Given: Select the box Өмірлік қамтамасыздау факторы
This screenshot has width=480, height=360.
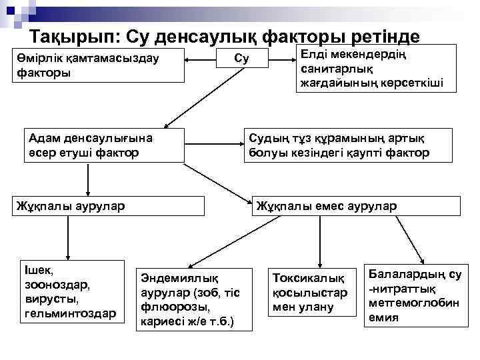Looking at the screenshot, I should click(x=99, y=65).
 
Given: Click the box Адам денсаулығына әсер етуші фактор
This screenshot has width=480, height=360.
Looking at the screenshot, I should click(x=95, y=145).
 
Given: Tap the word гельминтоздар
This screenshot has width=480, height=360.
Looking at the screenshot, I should click(x=70, y=313).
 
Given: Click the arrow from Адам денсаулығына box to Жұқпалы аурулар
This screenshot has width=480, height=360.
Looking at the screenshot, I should click(x=87, y=179).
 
